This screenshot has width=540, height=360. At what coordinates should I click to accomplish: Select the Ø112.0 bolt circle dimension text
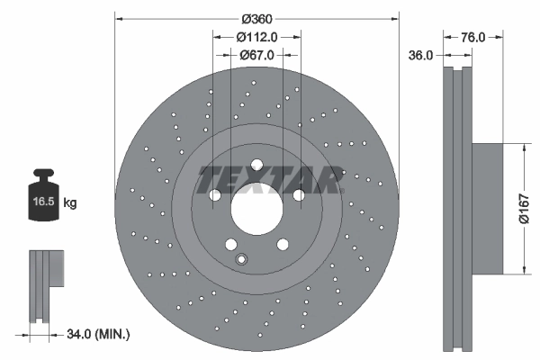pos(256,37)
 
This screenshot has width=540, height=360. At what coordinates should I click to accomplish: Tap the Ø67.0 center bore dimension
pos(256,55)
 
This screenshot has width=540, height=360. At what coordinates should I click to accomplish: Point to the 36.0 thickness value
pos(422,55)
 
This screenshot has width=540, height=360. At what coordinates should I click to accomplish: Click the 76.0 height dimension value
pos(473,37)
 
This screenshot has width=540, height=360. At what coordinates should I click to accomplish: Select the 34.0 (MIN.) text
pos(99,335)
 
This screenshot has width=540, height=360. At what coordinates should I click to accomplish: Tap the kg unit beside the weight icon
pos(70,203)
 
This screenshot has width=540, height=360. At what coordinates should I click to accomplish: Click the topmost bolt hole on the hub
pos(256,165)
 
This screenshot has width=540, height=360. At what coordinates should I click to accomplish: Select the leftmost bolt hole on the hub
pos(215,194)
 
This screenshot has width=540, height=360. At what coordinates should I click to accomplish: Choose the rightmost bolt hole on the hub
pos(298,194)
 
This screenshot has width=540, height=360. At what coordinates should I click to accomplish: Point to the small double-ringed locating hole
pos(240,260)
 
